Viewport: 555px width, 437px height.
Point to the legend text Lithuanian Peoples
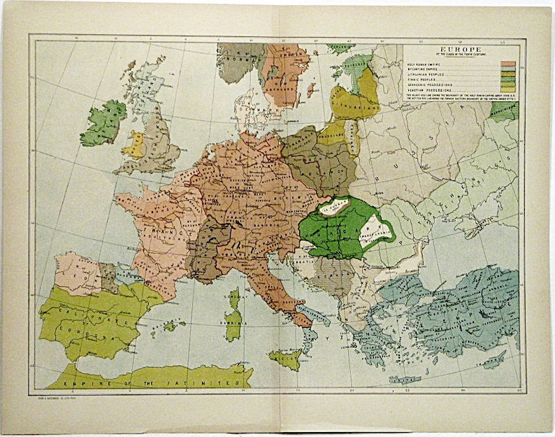coord(426,74)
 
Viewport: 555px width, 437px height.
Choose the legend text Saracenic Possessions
coord(428,85)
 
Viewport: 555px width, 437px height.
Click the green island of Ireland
coord(103,123)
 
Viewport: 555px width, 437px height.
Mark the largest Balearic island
coord(170,326)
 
